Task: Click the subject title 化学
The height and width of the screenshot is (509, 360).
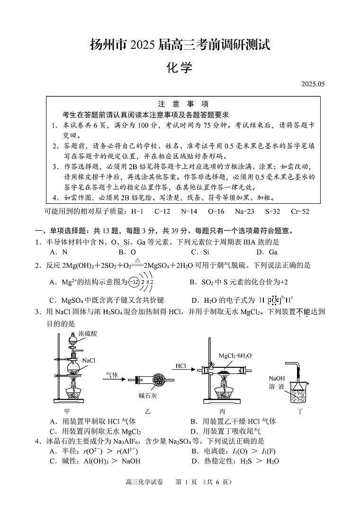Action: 180,67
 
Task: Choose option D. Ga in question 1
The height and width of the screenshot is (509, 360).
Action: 267,252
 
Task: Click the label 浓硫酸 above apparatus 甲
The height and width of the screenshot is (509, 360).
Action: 88,334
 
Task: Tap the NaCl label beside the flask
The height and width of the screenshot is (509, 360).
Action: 89,361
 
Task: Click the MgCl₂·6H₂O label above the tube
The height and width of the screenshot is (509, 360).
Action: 235,355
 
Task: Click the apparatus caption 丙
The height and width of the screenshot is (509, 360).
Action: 222,411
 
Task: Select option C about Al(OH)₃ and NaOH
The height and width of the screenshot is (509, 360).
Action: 95,461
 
